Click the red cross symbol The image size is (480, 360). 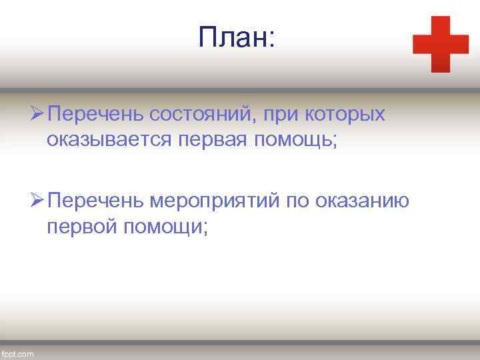tap(441, 44)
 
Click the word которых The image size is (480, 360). tap(345, 114)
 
